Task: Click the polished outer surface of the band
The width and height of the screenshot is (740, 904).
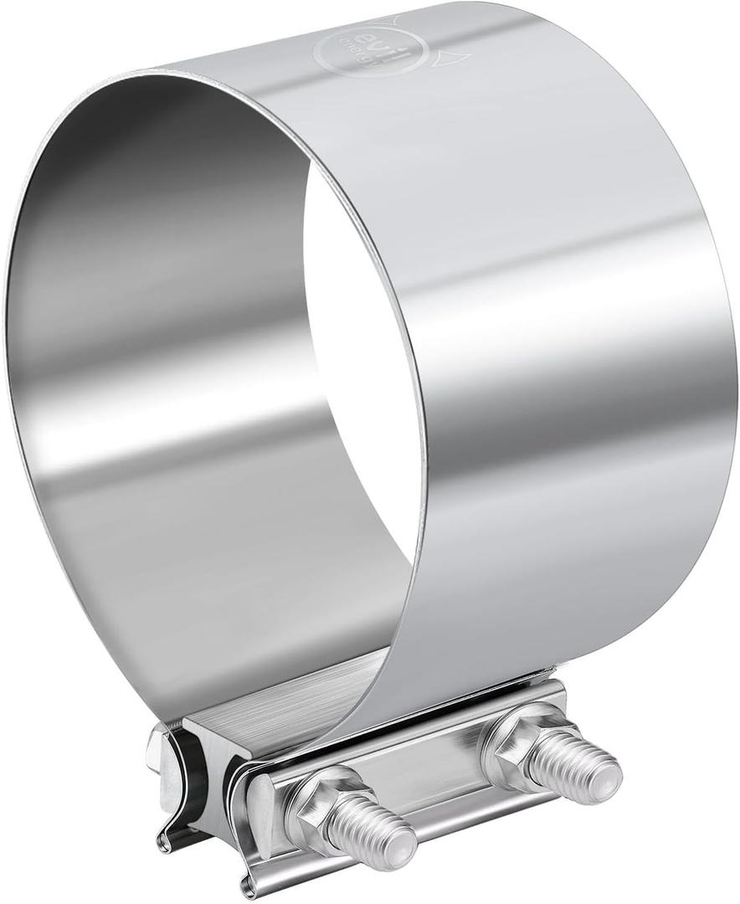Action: coord(569,335)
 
